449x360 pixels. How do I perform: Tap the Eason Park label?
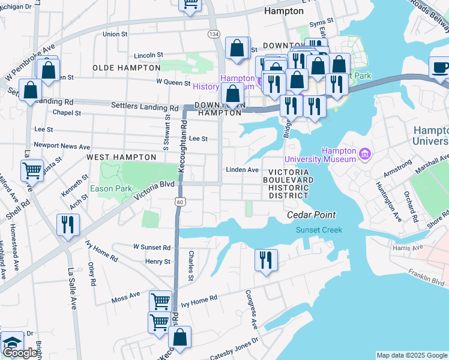coord(110,188)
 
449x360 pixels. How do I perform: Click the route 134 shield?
coord(214,34)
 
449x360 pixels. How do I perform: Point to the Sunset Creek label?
coord(318,230)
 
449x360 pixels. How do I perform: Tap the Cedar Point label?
coord(310,215)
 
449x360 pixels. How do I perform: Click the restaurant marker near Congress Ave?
coord(265,260)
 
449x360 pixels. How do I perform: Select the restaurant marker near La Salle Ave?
coord(67,226)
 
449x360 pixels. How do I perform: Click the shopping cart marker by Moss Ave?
coord(160,301)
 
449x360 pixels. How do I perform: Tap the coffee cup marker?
coord(441,67)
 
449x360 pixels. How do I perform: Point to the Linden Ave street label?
coord(242,170)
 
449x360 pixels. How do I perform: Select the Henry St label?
coord(158,262)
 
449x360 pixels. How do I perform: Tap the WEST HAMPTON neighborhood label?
coord(121,157)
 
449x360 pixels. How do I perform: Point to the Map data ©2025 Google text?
coord(411,355)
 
